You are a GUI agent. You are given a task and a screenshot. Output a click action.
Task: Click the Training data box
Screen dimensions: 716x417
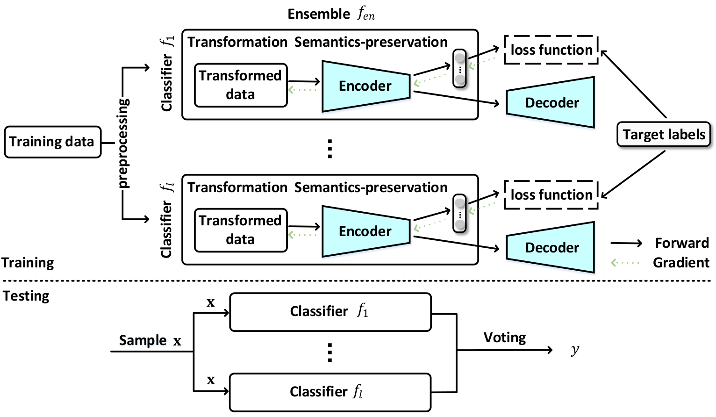[53, 142]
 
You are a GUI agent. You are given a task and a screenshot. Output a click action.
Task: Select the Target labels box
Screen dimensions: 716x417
[664, 134]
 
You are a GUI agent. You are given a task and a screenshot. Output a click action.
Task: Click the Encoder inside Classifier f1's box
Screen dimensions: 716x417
[366, 86]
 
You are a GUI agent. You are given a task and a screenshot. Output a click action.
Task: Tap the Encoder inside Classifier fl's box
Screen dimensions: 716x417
[366, 231]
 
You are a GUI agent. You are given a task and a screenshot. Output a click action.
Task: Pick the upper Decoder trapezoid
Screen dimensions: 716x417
[551, 102]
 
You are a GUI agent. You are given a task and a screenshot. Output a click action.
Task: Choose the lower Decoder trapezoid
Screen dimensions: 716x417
[551, 247]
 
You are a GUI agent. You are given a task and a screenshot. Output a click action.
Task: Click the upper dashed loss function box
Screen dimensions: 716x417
[551, 50]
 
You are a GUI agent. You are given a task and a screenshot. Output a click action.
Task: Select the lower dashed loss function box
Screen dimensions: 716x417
[551, 195]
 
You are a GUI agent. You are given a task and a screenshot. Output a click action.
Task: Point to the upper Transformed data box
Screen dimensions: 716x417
[241, 85]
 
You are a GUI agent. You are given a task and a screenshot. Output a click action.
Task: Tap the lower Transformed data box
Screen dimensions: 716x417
[241, 230]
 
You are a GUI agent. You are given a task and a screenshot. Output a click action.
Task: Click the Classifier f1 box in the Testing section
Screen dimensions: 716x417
[330, 312]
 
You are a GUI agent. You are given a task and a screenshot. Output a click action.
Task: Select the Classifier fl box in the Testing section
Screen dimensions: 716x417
[330, 392]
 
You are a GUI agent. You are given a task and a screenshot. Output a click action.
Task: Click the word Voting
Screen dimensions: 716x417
[505, 338]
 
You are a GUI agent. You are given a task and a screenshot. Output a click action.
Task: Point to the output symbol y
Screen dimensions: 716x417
[575, 350]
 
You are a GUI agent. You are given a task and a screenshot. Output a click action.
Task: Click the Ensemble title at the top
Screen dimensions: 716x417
[331, 14]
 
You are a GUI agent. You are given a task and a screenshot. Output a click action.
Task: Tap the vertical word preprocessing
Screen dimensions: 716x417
[123, 143]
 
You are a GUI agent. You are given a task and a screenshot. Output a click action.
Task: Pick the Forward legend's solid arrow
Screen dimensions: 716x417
[626, 244]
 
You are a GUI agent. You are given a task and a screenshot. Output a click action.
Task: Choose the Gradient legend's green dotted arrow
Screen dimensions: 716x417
[625, 263]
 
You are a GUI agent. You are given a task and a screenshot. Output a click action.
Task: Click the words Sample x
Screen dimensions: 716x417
[150, 340]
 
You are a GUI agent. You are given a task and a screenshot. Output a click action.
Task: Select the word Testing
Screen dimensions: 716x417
[26, 296]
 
